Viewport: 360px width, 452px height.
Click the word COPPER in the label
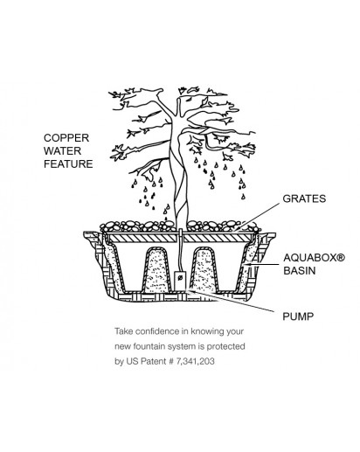(x=66, y=138)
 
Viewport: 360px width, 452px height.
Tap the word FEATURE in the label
(x=68, y=163)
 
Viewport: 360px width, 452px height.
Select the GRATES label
(x=304, y=198)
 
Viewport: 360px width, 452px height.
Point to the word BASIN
(x=300, y=271)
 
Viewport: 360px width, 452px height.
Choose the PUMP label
(x=298, y=316)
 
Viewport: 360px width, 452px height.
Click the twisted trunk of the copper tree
(x=179, y=181)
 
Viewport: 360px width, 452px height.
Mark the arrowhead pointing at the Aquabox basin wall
(x=247, y=265)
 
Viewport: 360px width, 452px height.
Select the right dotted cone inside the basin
(x=204, y=269)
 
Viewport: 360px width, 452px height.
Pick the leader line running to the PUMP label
(x=231, y=302)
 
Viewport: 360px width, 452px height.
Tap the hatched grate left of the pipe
(x=142, y=239)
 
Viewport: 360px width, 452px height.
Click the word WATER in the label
(x=62, y=151)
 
